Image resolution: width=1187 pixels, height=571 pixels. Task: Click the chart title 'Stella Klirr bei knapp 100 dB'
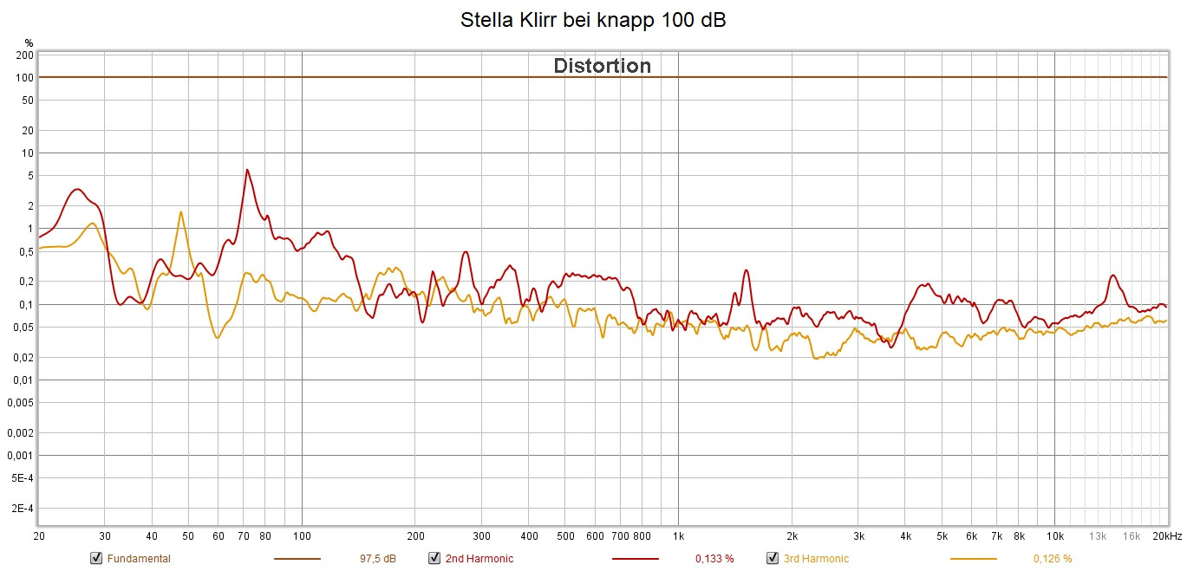click(x=593, y=21)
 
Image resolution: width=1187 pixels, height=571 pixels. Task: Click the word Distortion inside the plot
click(x=602, y=66)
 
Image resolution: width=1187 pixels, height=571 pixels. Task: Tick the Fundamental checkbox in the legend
click(x=96, y=558)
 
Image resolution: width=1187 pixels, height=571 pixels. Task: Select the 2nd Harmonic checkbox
click(x=434, y=558)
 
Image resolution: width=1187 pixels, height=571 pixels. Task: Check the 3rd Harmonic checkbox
click(x=773, y=558)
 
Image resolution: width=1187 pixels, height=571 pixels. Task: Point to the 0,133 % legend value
click(x=714, y=559)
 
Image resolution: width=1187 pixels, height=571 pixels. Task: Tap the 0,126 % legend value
click(x=1053, y=559)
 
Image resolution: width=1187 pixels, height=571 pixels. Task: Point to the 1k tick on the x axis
click(x=678, y=536)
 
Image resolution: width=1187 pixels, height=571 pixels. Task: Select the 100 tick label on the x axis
click(x=302, y=536)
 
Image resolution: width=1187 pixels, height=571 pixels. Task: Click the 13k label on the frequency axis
click(x=1098, y=536)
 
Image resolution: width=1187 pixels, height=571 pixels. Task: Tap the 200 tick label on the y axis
click(x=25, y=55)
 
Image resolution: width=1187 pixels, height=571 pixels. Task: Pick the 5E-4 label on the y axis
click(x=23, y=478)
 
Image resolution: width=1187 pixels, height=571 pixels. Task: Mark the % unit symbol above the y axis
click(x=29, y=42)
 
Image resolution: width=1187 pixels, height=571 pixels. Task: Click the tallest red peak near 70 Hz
click(x=247, y=170)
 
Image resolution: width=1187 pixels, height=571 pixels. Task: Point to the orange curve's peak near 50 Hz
click(x=180, y=211)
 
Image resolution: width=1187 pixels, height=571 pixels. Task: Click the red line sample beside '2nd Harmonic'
click(x=635, y=559)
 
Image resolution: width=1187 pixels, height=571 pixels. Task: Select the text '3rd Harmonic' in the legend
click(x=816, y=559)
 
